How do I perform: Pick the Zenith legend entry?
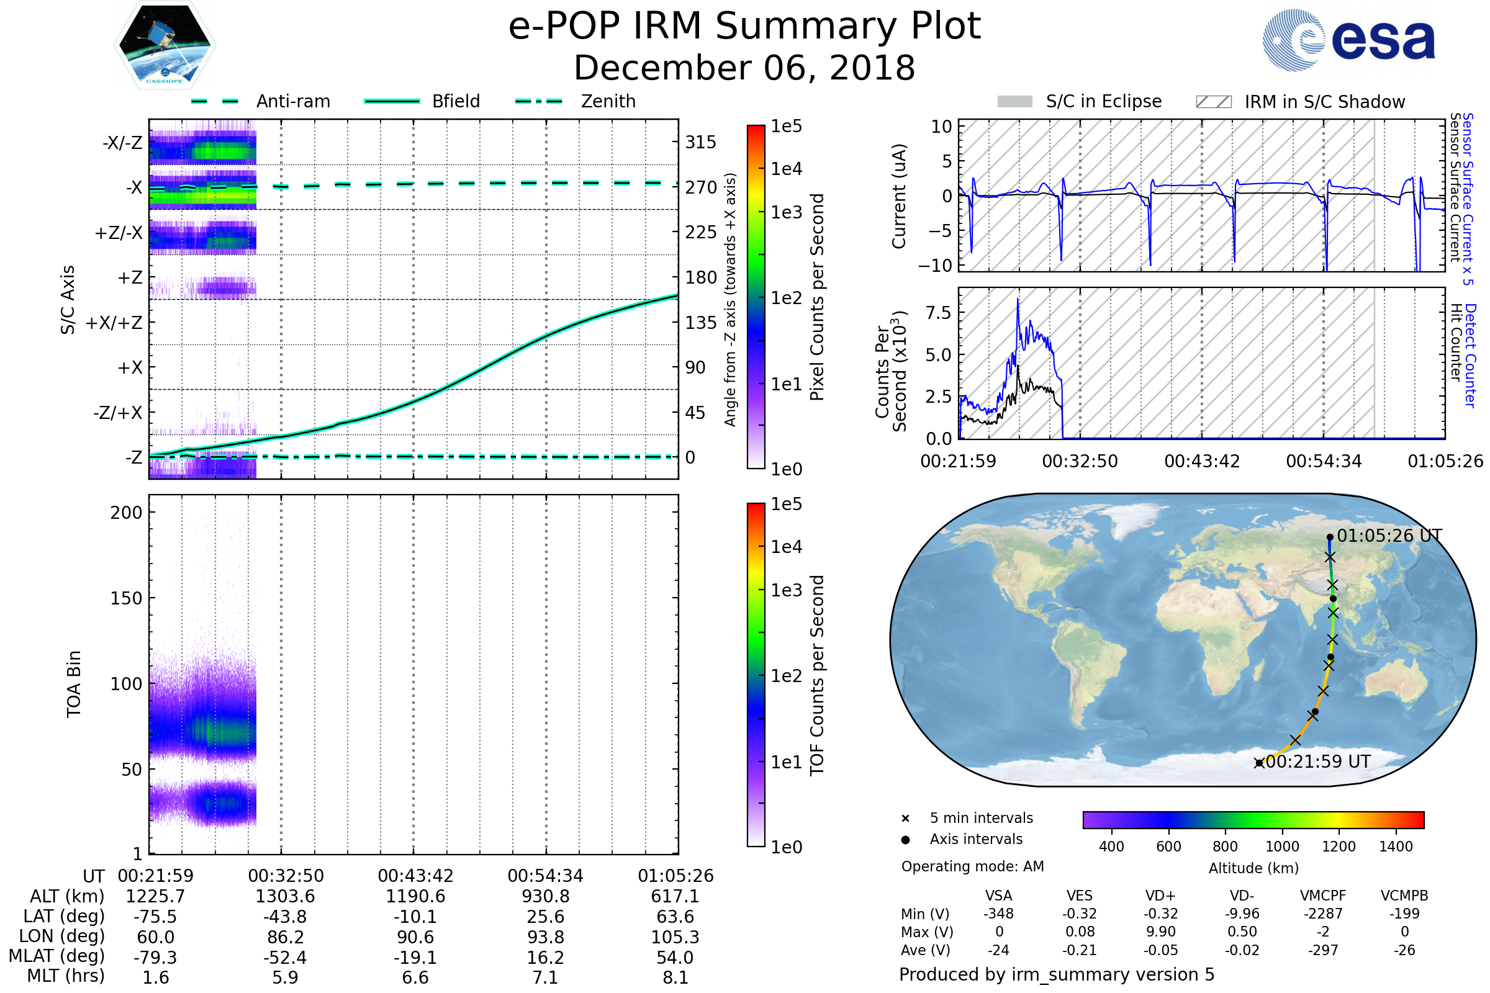576,101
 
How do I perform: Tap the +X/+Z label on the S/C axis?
114,323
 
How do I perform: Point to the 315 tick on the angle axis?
700,142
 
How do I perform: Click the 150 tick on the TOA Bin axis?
126,598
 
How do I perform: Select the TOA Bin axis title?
73,683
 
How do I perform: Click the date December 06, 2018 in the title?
744,68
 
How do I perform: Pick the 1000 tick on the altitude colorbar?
1281,846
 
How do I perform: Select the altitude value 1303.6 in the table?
285,896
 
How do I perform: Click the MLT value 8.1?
675,977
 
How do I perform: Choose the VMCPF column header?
1323,896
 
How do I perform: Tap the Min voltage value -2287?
1323,913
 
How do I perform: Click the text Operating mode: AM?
972,866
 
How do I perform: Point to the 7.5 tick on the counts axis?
938,312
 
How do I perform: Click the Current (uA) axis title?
899,196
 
